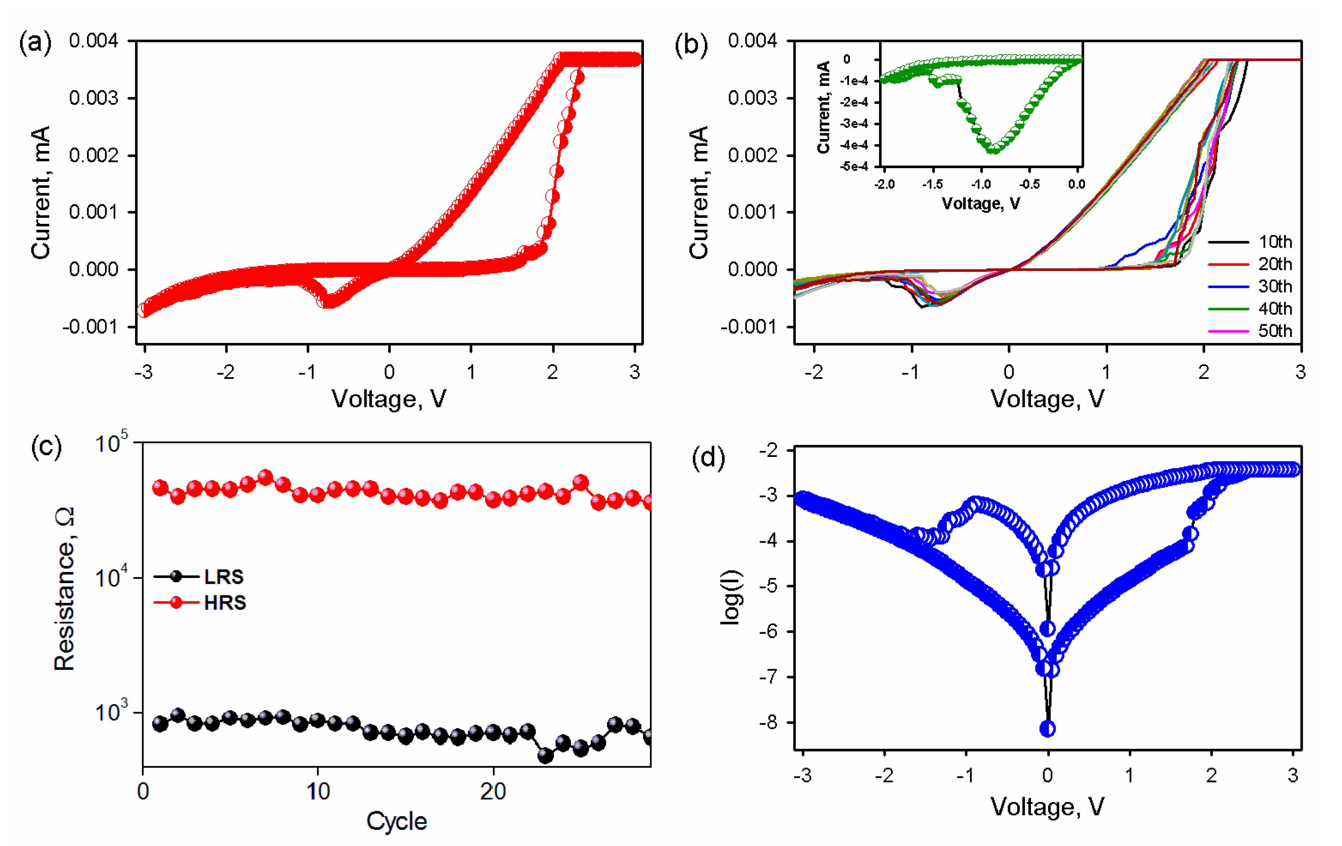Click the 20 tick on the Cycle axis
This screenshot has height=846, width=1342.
pyautogui.click(x=493, y=791)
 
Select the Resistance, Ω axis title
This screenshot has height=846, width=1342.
pyautogui.click(x=64, y=589)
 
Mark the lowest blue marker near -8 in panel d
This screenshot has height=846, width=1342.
pyautogui.click(x=1048, y=729)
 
